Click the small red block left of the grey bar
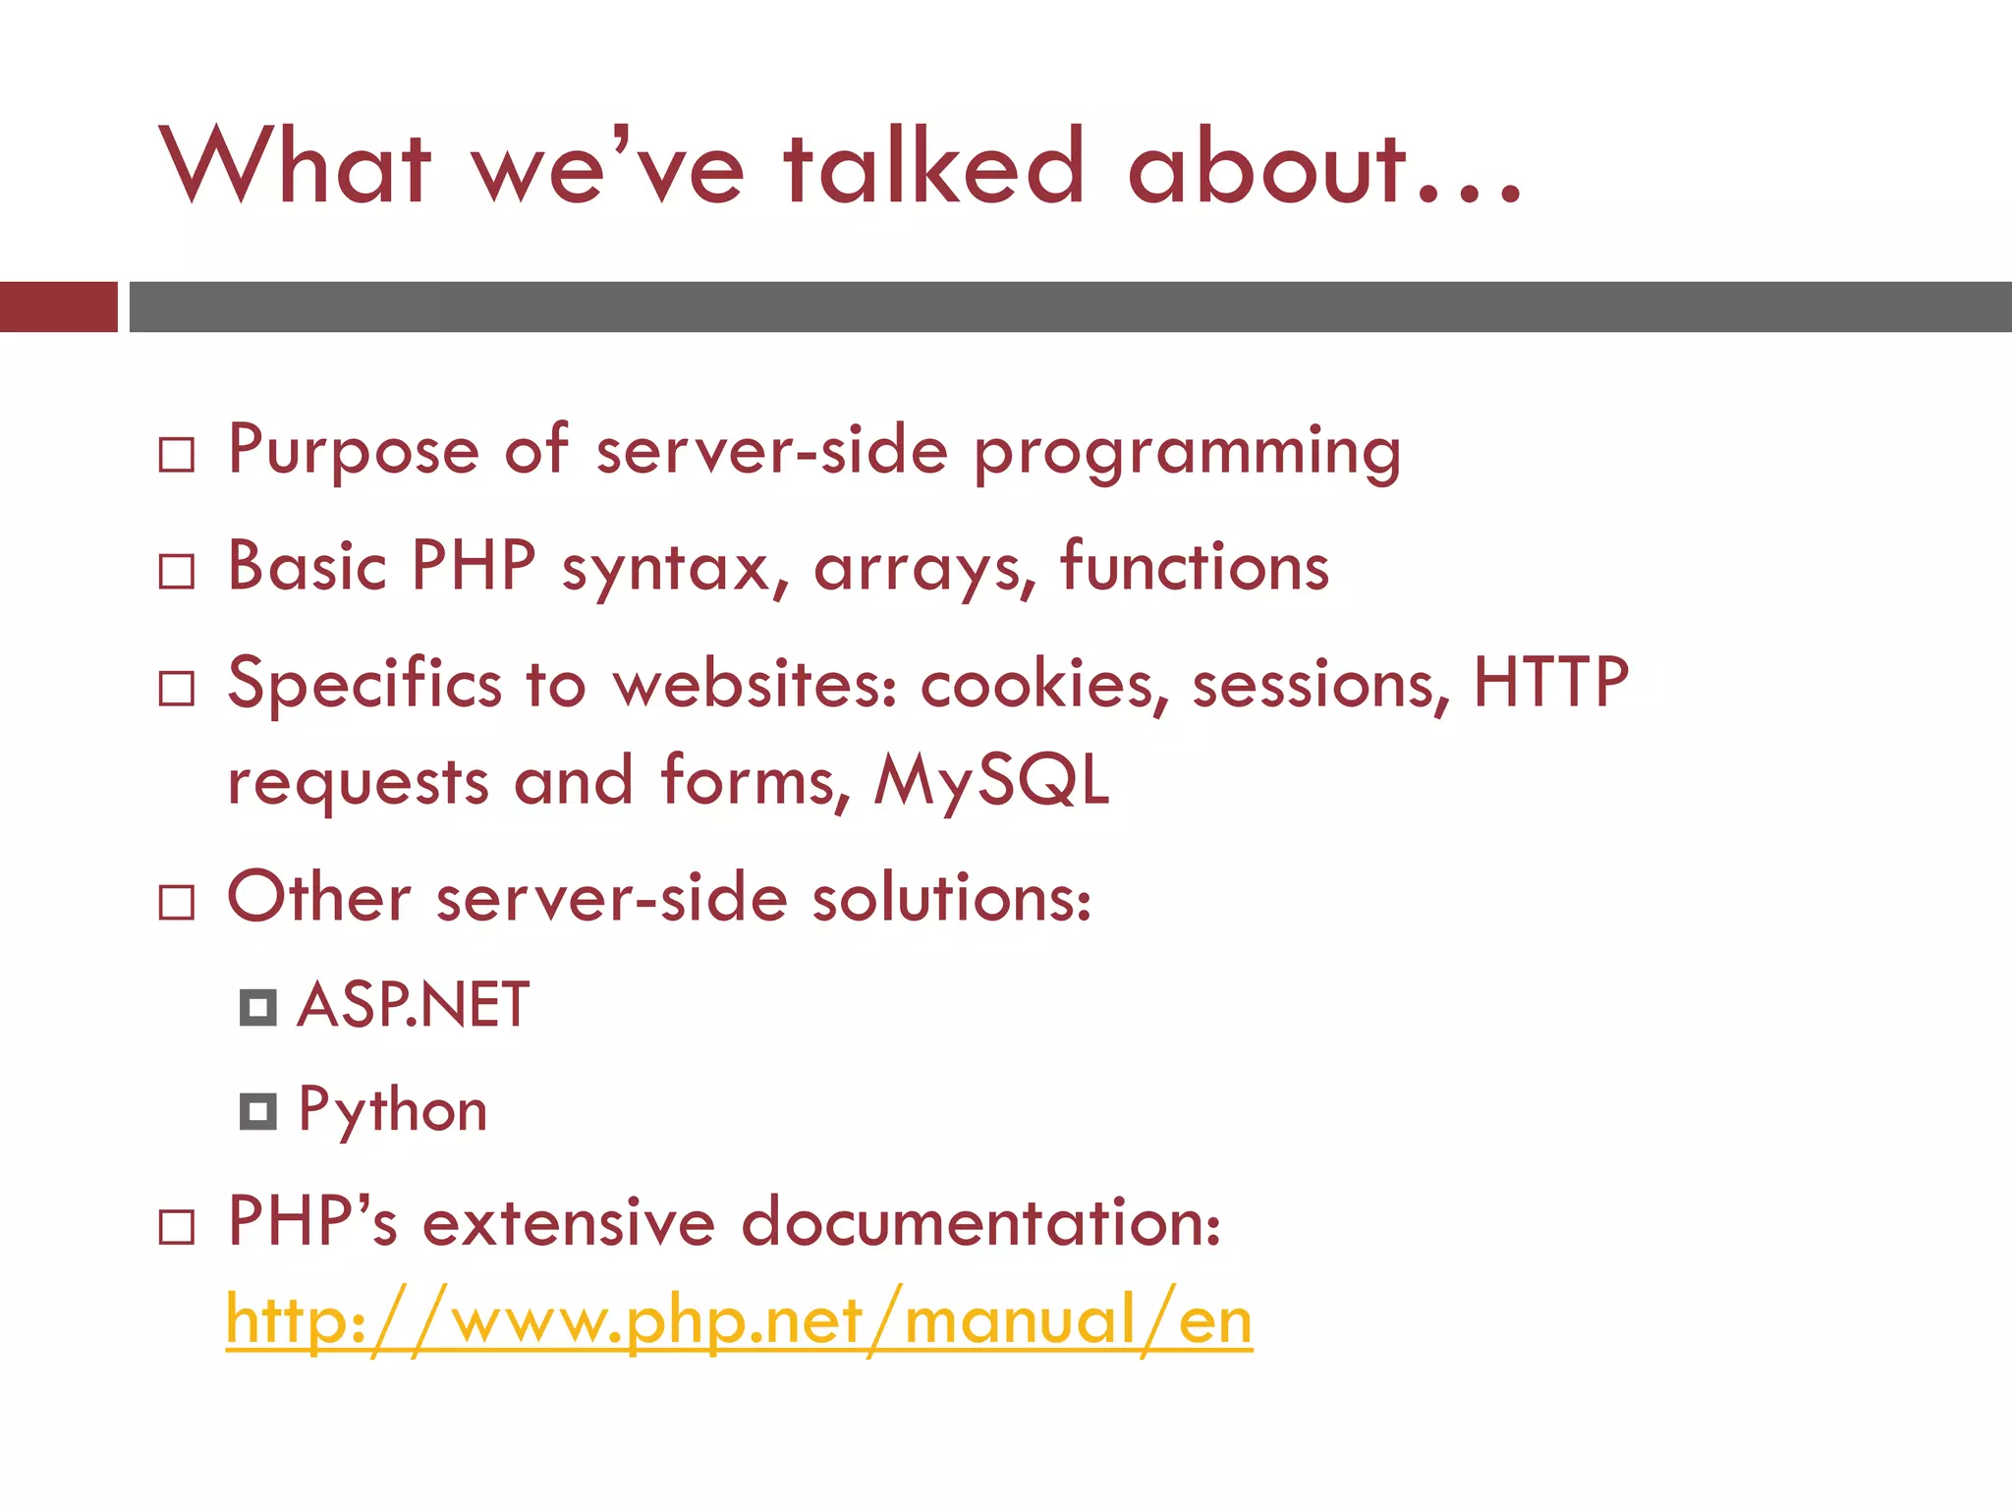click(58, 307)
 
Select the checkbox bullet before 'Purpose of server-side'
click(177, 455)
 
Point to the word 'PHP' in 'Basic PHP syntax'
click(474, 567)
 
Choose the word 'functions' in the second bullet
click(1194, 567)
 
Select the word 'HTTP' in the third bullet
click(1550, 682)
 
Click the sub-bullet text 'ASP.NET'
click(413, 1005)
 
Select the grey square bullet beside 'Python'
click(258, 1111)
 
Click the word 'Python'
click(392, 1111)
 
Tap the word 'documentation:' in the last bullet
click(980, 1223)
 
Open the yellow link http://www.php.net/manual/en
click(739, 1321)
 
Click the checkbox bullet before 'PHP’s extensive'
click(177, 1227)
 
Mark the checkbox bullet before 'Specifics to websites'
click(177, 689)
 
